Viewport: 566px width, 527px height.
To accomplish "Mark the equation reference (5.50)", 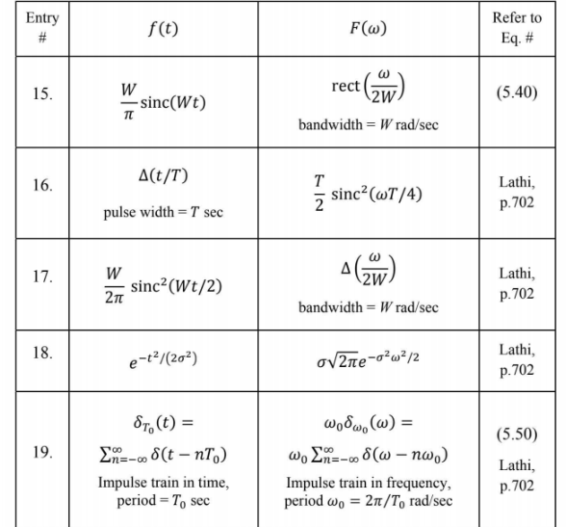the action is [521, 435].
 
